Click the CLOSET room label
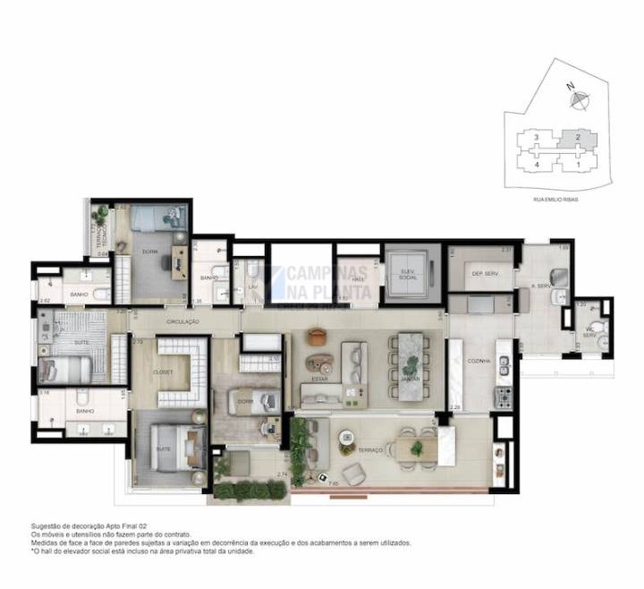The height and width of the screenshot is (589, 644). [163, 371]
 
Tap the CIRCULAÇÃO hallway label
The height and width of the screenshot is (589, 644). [183, 320]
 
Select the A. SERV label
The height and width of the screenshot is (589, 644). [539, 287]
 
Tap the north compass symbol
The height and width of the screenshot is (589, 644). [579, 99]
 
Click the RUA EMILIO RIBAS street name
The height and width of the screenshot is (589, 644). [555, 200]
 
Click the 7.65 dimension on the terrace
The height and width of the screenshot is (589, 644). [333, 483]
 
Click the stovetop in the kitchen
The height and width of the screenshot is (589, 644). [504, 395]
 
